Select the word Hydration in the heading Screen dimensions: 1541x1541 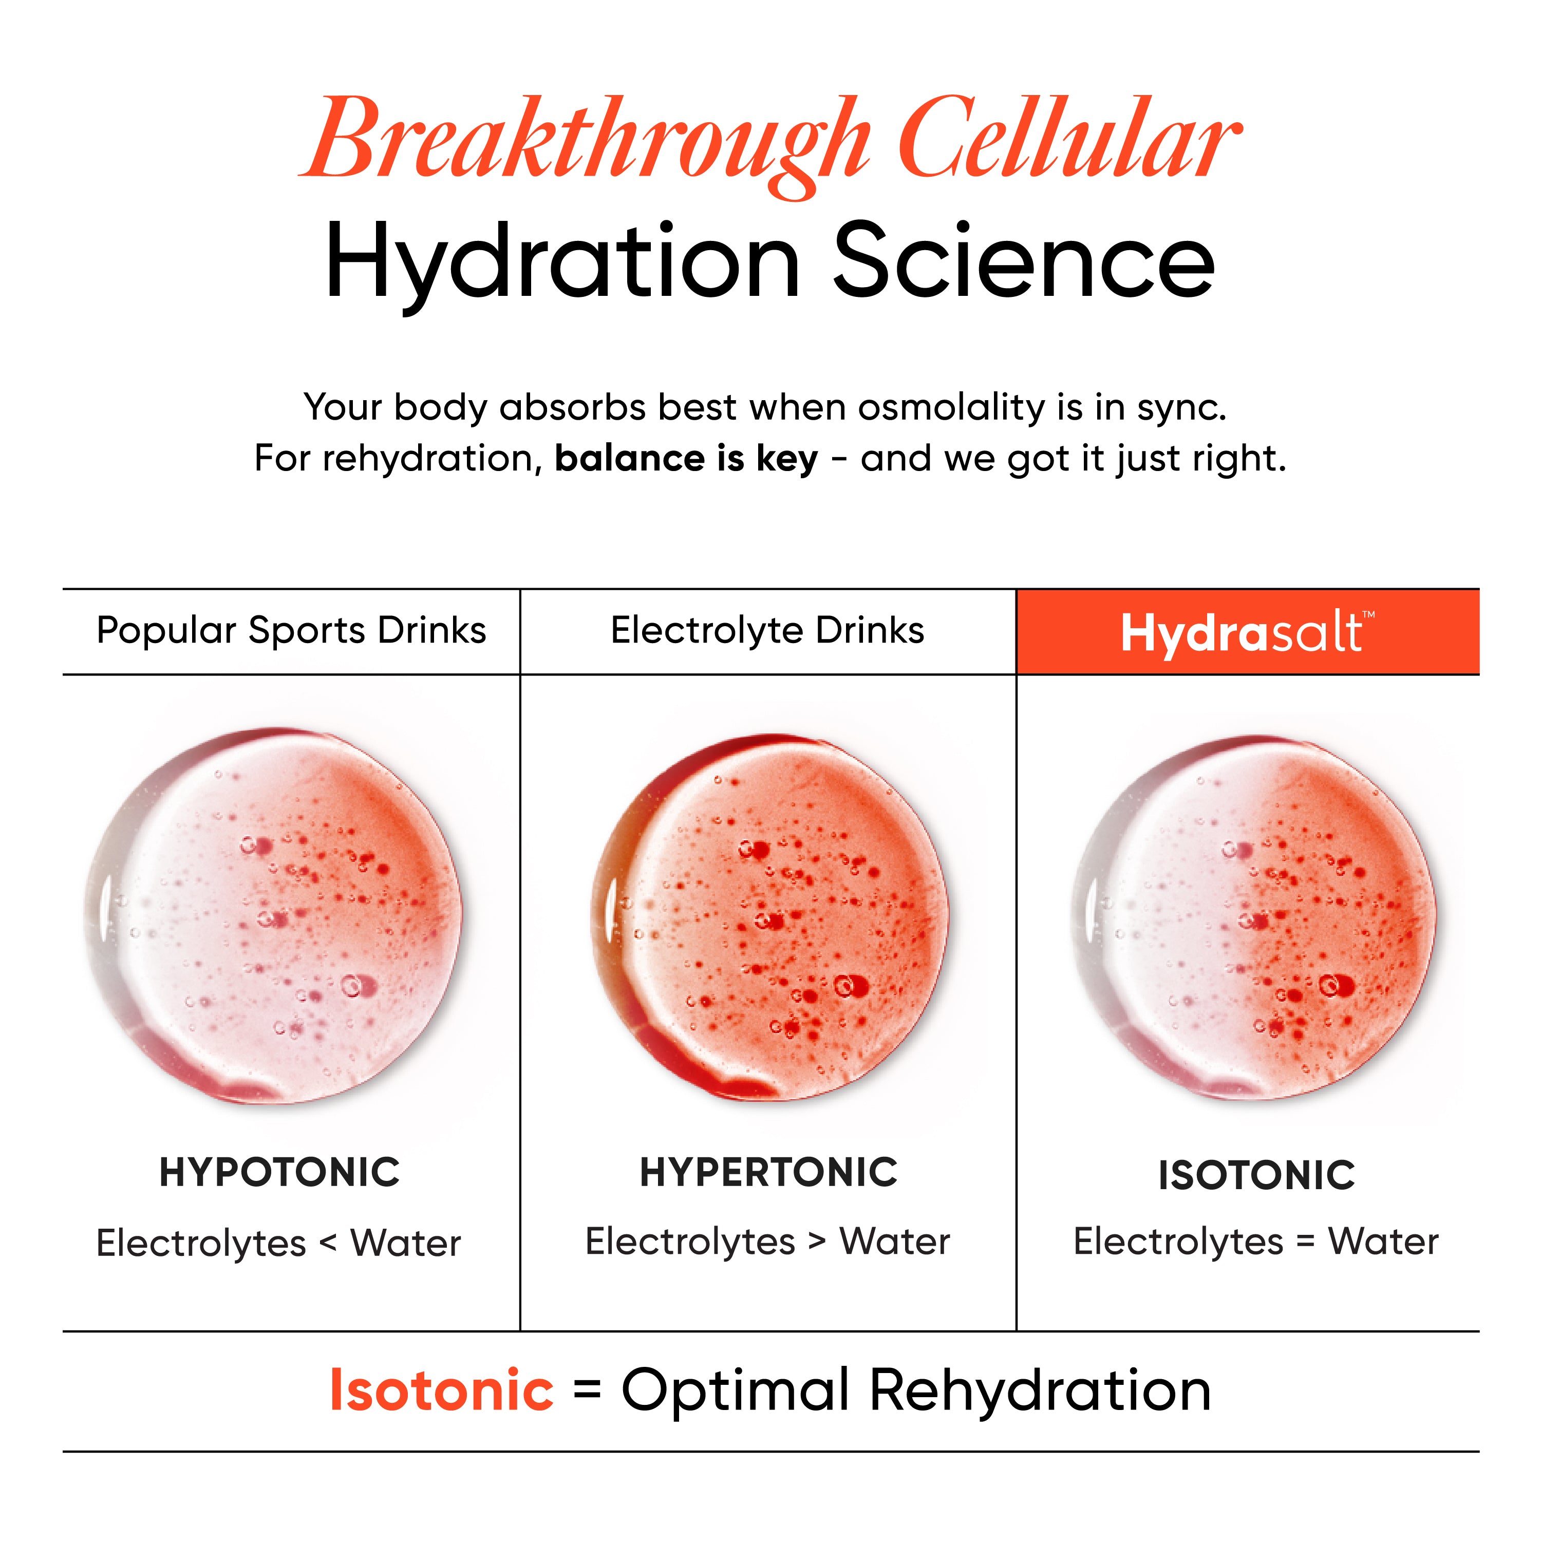pyautogui.click(x=562, y=263)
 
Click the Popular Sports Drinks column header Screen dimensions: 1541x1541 pyautogui.click(x=291, y=630)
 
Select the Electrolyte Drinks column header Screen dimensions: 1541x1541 pyautogui.click(x=767, y=630)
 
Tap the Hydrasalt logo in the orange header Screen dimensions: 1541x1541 pyautogui.click(x=1248, y=632)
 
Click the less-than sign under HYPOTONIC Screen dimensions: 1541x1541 pyautogui.click(x=328, y=1243)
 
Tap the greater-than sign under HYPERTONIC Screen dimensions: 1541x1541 pyautogui.click(x=817, y=1241)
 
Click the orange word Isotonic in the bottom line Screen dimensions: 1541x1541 pyautogui.click(x=441, y=1390)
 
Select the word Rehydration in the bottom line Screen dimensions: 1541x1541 pyautogui.click(x=1040, y=1391)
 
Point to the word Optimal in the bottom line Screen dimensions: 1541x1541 pyautogui.click(x=736, y=1391)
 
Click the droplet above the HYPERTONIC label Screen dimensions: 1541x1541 pyautogui.click(x=769, y=917)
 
